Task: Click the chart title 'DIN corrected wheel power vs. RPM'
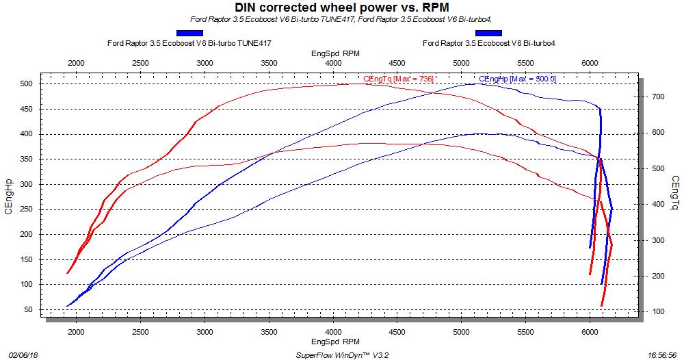(x=341, y=8)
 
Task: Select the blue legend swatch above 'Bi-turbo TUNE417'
(x=189, y=33)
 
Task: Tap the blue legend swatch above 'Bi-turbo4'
(x=488, y=33)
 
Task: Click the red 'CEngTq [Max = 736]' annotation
(x=399, y=79)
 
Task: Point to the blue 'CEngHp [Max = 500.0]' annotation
(x=518, y=79)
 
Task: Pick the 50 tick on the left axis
(x=28, y=309)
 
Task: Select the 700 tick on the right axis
(x=657, y=97)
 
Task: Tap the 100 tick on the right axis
(x=657, y=312)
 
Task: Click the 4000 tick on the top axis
(x=333, y=63)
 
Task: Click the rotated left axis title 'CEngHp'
(x=9, y=197)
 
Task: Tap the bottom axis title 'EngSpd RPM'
(x=335, y=340)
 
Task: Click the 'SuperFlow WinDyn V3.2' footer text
(x=343, y=355)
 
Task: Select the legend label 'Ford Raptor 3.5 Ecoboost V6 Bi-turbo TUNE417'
(x=189, y=43)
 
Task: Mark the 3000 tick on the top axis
(x=205, y=63)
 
